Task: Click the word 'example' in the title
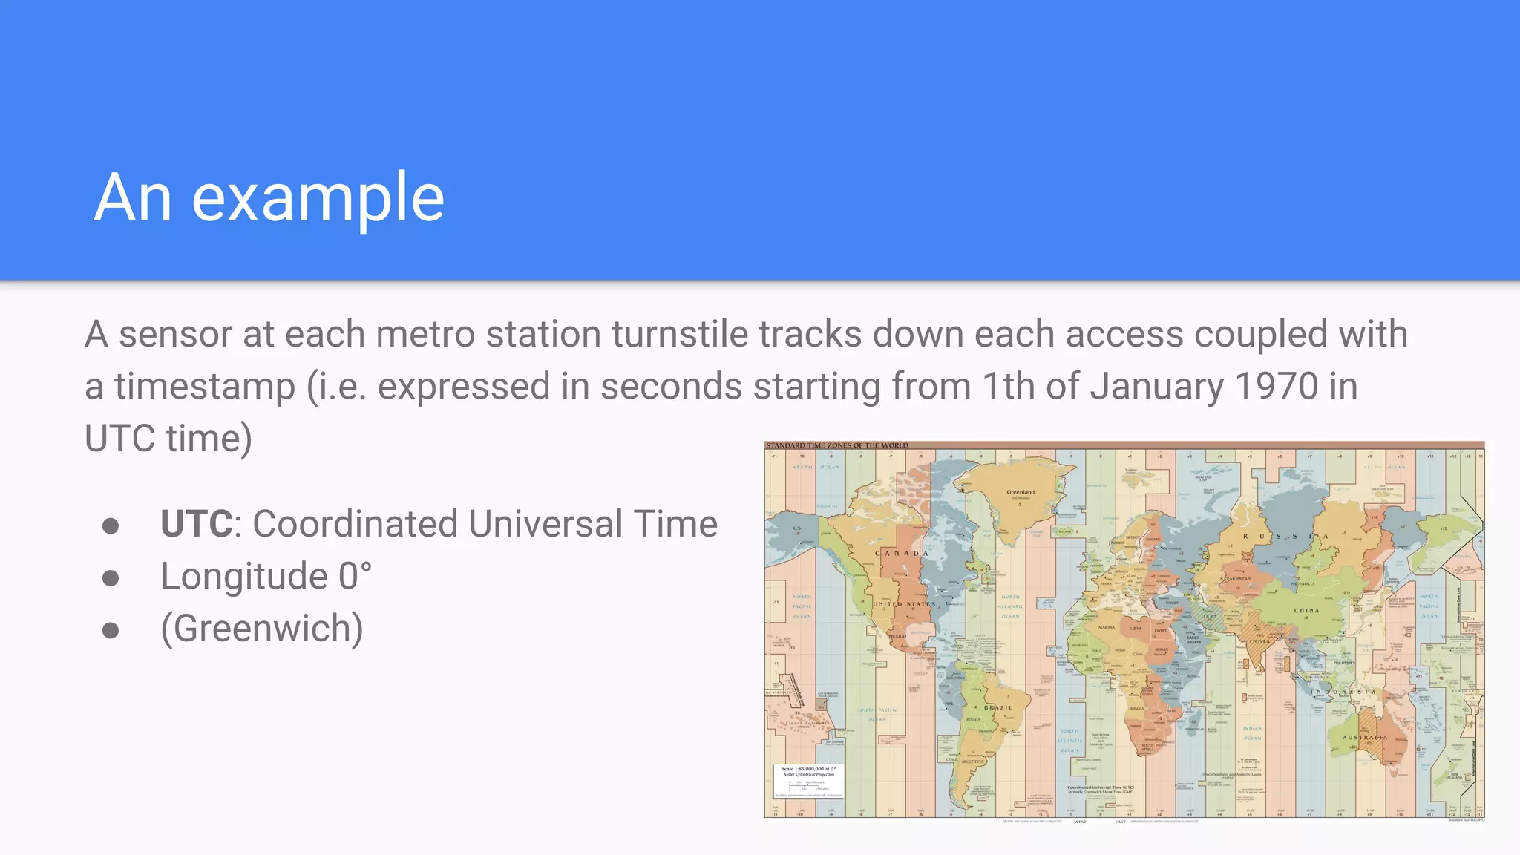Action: [x=318, y=198]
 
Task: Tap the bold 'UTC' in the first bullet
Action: [x=197, y=524]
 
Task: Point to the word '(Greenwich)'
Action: [x=262, y=629]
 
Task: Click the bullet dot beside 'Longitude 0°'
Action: [x=111, y=577]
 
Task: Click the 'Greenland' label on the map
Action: [x=1021, y=492]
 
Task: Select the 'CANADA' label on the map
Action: [x=902, y=553]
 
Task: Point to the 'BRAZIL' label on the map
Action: [x=998, y=707]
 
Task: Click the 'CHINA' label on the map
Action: [x=1306, y=610]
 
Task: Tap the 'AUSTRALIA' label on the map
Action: [x=1365, y=737]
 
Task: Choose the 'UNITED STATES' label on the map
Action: [x=904, y=604]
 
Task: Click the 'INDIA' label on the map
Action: [x=1259, y=641]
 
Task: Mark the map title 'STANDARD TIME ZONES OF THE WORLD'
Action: [x=837, y=445]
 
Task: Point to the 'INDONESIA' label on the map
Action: [x=1343, y=692]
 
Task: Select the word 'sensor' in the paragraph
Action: [x=175, y=334]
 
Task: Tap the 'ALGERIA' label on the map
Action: [x=1106, y=627]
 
